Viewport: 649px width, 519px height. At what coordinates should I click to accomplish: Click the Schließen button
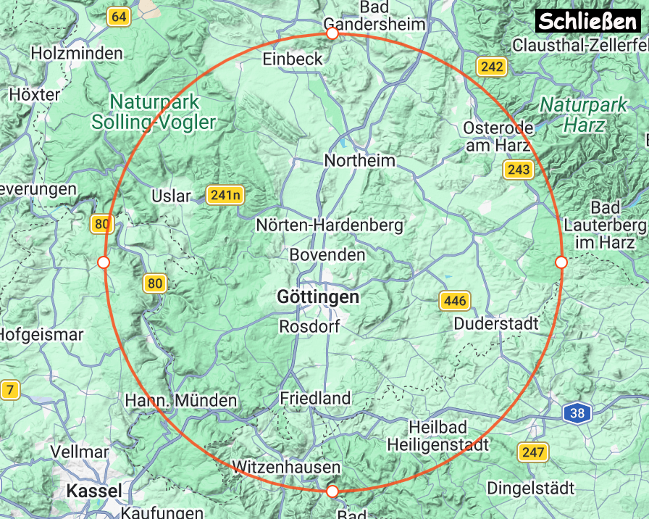587,20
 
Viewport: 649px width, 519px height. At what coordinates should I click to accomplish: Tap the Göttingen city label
318,297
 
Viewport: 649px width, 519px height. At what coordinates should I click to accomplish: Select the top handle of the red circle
332,33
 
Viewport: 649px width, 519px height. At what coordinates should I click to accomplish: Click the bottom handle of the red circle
332,491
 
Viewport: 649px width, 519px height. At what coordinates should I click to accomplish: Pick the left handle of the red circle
103,262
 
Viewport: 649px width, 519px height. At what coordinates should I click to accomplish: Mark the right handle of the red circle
560,262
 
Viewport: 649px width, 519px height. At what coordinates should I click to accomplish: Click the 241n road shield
225,195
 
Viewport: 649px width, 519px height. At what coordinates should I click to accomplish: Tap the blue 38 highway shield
577,414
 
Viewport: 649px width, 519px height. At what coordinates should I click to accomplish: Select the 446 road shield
455,300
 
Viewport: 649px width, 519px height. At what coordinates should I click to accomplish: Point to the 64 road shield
119,17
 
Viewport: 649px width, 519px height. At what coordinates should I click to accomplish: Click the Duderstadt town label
496,323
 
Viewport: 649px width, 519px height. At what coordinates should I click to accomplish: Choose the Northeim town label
360,160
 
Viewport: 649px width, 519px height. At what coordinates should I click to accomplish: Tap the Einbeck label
293,59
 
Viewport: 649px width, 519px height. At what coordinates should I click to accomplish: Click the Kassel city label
94,491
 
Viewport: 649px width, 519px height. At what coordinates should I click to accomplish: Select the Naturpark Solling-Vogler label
154,112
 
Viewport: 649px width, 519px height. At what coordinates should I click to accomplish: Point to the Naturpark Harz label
584,115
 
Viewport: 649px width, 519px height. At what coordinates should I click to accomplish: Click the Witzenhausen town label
286,466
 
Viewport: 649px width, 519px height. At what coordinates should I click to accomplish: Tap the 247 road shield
532,452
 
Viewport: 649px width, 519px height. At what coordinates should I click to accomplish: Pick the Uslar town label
171,196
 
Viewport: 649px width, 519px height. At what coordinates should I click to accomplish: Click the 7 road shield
9,391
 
